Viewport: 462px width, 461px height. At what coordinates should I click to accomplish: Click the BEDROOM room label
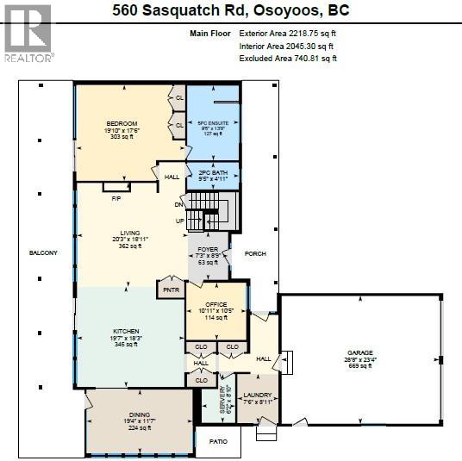coord(122,124)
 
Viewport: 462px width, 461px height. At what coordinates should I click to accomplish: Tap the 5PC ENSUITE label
coord(213,123)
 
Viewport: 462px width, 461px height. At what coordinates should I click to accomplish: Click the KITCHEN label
coord(125,331)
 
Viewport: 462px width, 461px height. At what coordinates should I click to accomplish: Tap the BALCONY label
coord(43,252)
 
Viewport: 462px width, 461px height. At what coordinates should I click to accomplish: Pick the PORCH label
coord(256,253)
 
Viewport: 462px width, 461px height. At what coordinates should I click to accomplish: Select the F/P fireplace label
coord(116,197)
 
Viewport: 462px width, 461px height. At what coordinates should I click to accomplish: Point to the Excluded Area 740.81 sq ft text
coord(288,59)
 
